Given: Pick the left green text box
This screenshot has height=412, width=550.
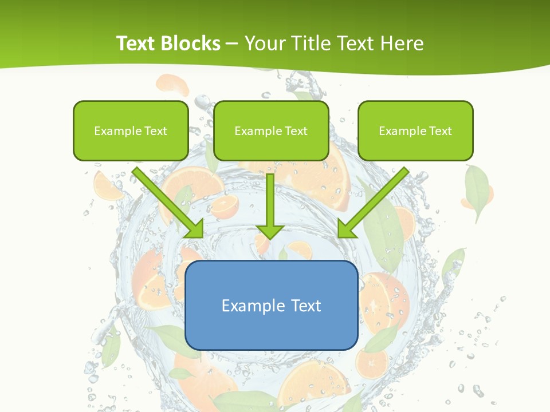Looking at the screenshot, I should coord(131,130).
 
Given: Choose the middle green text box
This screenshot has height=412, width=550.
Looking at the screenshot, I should coord(271,130).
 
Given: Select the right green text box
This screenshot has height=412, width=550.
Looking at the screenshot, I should coord(415,130).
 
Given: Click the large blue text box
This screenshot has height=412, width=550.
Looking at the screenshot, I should coord(272,305).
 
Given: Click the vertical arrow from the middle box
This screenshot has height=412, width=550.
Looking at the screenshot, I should coord(270,203).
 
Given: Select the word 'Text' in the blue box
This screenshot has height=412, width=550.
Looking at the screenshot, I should coord(306,306).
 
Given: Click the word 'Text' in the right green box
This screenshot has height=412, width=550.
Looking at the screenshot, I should coord(440,131).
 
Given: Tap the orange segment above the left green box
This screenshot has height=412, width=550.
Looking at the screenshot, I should coord(172,85).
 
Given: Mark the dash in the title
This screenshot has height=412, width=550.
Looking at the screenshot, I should coord(233,43).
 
